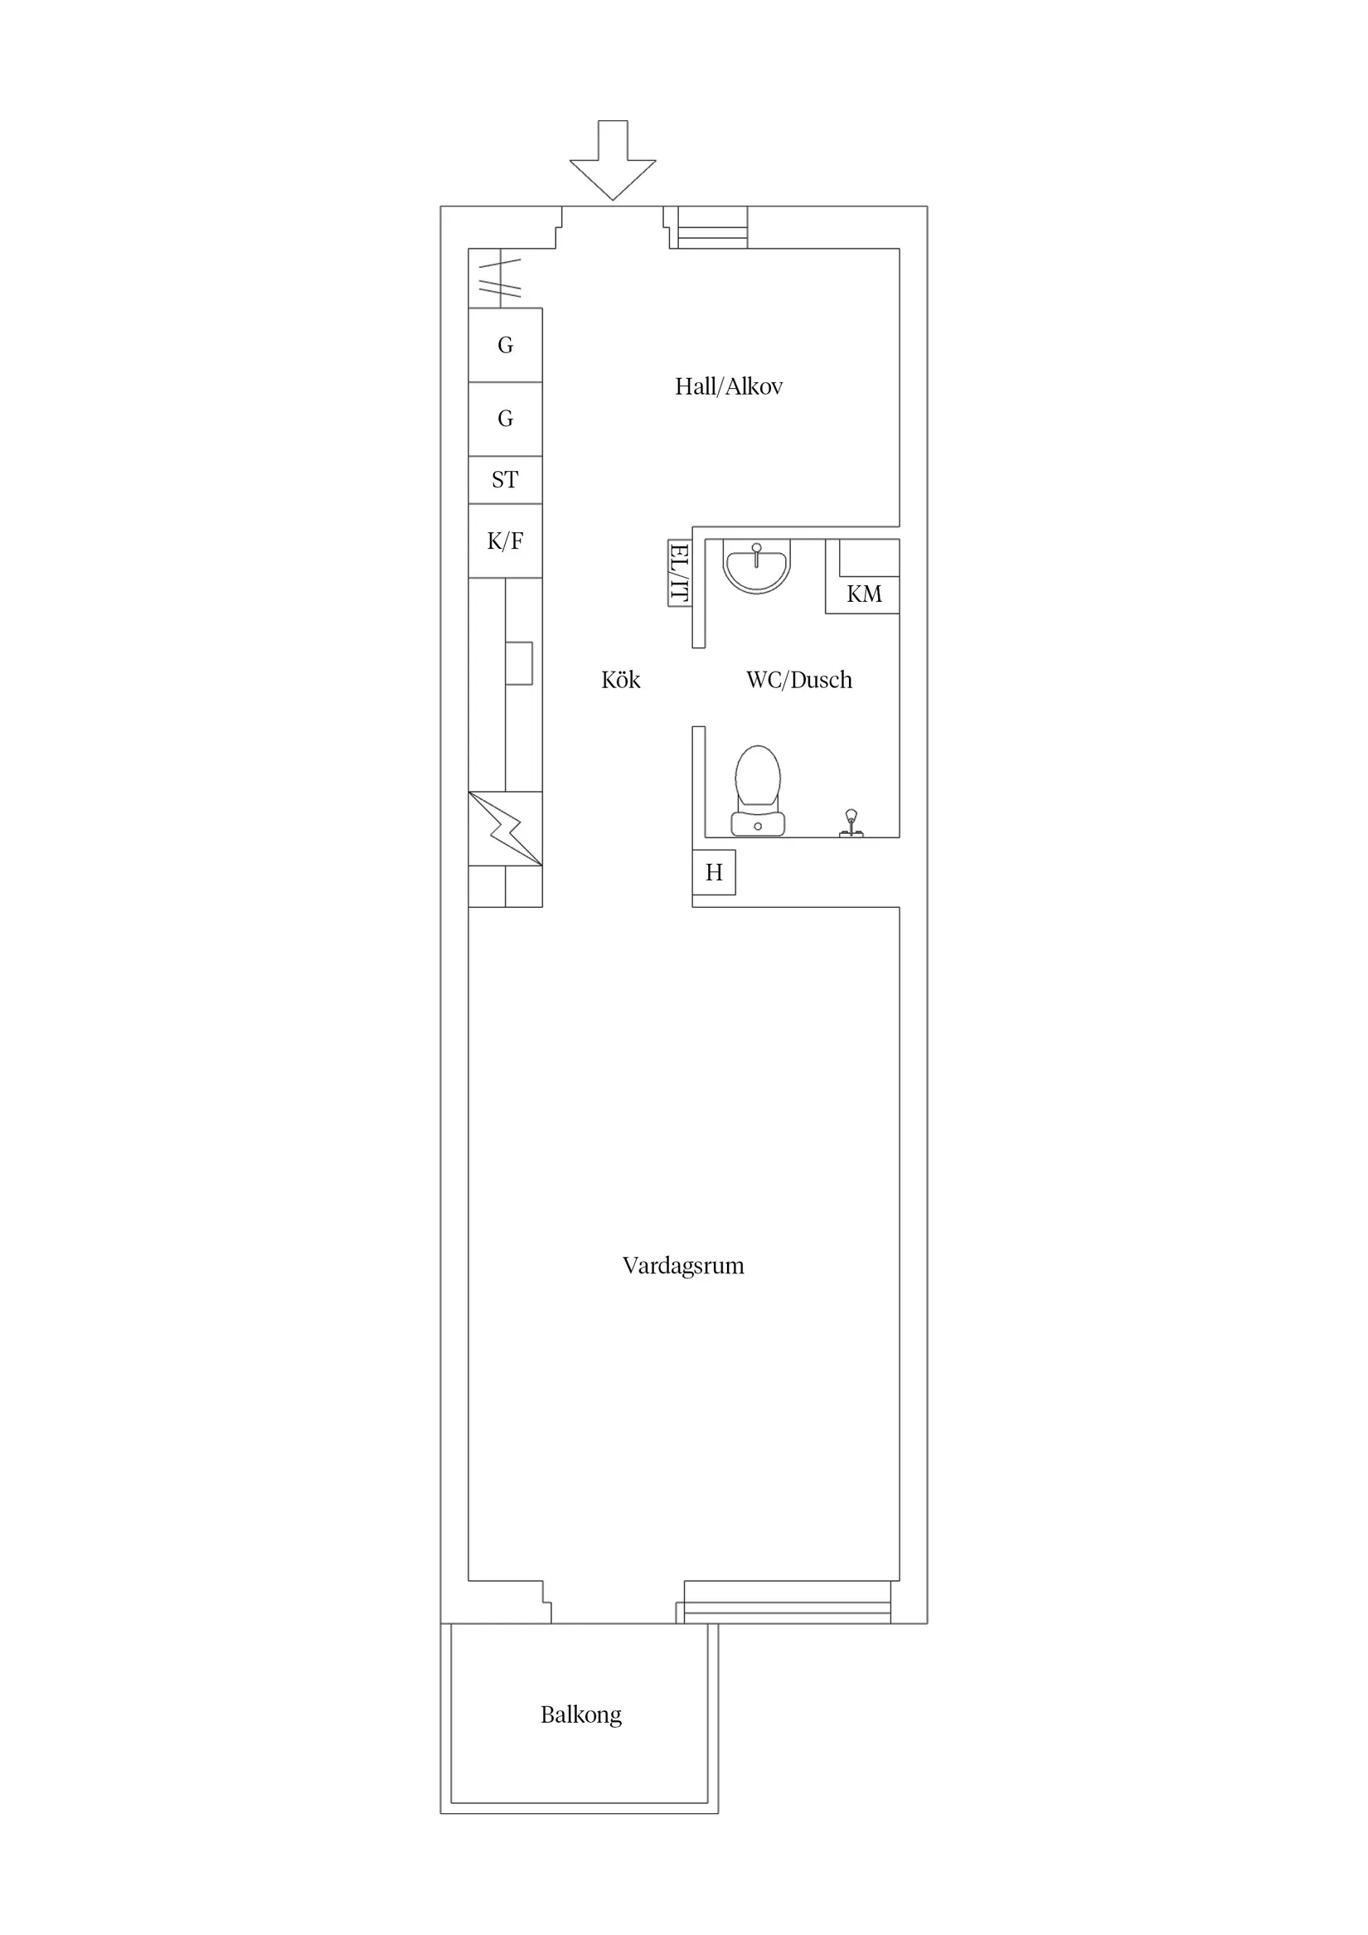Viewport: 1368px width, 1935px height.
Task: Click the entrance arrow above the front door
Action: point(613,160)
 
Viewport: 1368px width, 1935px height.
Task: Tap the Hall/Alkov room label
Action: point(729,387)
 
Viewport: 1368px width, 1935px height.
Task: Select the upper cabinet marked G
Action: point(506,345)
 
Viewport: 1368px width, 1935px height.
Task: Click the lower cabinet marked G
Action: point(506,419)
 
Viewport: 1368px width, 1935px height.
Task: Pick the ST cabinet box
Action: point(506,479)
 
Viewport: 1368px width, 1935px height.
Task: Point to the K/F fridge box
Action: point(506,541)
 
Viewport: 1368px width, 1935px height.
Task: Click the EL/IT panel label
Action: point(679,573)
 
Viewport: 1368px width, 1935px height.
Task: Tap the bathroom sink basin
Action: point(757,566)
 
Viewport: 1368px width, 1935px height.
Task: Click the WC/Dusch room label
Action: point(799,680)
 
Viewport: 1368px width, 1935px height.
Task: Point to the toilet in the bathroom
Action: point(758,791)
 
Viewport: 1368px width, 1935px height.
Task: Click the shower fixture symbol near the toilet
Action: point(851,823)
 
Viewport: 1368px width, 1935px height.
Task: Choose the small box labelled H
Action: point(714,872)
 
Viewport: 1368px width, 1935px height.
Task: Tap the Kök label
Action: point(621,680)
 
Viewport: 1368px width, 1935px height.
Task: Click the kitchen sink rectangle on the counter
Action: point(519,663)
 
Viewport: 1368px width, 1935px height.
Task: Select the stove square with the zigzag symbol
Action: point(506,828)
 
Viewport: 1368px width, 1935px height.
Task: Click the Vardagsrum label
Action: point(683,1266)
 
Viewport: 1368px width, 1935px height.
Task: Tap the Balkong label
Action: point(581,1715)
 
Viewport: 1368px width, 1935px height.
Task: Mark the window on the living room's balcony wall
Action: point(788,1602)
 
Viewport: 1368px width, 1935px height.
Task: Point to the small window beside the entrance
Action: point(713,227)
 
